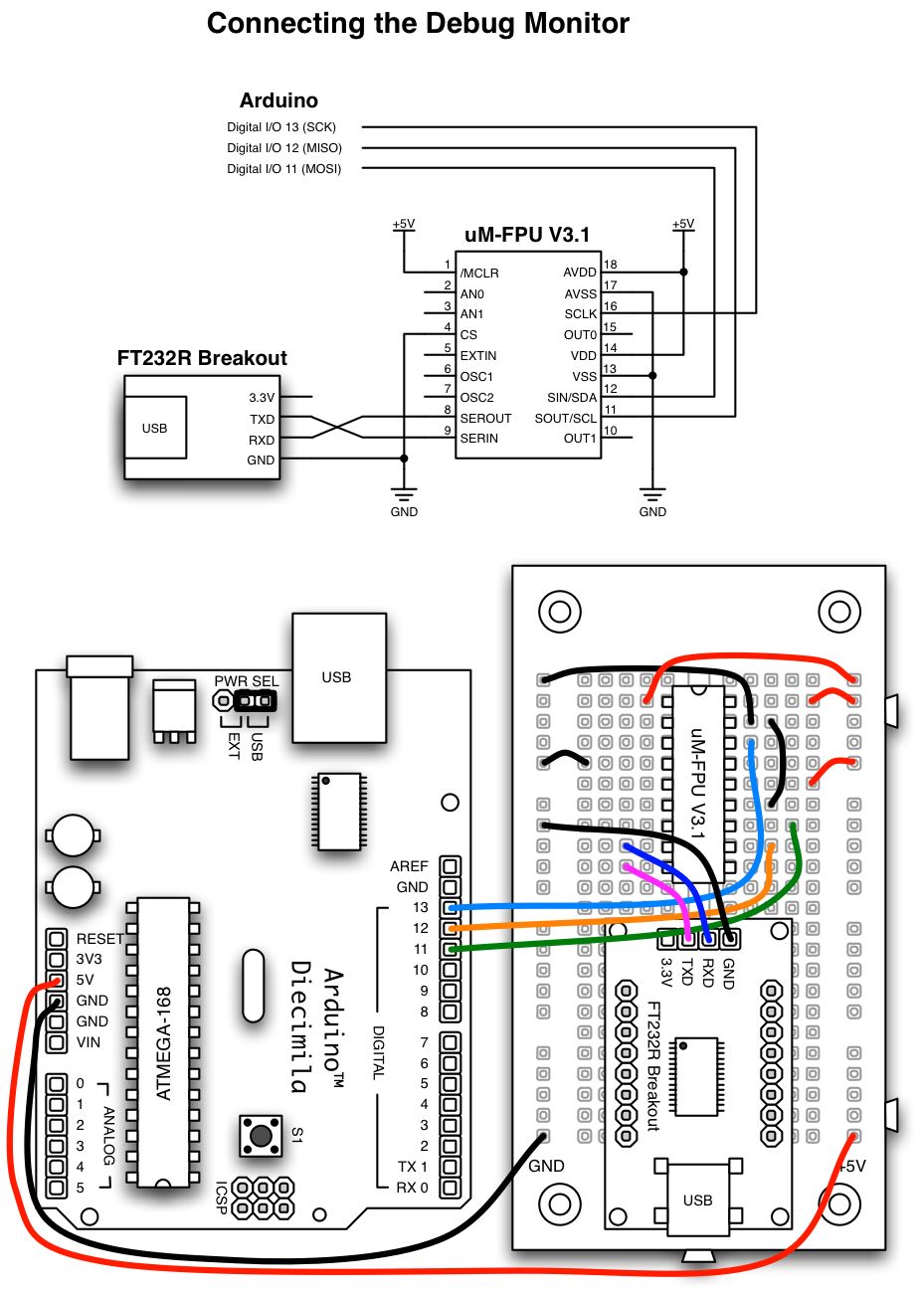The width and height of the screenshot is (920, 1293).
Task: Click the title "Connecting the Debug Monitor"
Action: (418, 24)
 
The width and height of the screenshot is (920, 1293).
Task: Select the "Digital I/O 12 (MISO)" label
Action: (284, 148)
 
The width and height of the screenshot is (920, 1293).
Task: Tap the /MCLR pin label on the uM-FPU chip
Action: (479, 274)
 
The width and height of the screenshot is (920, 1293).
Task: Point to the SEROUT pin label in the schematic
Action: (485, 419)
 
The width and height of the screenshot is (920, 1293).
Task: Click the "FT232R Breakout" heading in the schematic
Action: (202, 358)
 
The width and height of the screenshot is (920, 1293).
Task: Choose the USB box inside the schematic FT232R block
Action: (154, 429)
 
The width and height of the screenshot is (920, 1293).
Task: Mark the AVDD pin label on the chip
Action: (580, 273)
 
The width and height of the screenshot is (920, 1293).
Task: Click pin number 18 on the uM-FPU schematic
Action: (611, 265)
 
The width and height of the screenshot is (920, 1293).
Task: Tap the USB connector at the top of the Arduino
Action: (338, 677)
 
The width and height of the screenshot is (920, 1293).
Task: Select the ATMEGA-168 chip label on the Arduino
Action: (164, 1043)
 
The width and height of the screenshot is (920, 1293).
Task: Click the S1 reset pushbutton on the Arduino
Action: (262, 1135)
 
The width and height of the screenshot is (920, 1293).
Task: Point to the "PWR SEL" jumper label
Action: (247, 681)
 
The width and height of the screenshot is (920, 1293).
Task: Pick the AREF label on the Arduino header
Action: (409, 866)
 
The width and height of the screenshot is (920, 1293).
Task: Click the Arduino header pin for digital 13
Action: (451, 907)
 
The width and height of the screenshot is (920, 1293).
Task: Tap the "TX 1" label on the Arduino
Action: (413, 1167)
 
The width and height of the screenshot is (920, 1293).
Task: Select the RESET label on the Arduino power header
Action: (100, 938)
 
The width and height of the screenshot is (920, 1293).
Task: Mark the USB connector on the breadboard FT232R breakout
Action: (697, 1200)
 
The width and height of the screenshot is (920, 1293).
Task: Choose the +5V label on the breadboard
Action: (853, 1166)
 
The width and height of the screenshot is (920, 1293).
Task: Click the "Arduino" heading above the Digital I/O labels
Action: (278, 100)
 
